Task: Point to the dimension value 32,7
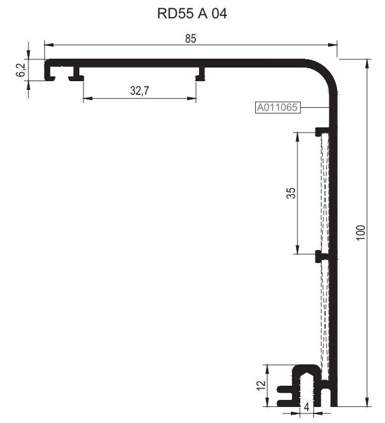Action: (x=139, y=90)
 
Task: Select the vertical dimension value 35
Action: (x=290, y=194)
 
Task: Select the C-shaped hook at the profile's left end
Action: (x=50, y=70)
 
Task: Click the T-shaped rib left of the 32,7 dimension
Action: (x=75, y=74)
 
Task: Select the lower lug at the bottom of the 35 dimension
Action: (x=320, y=257)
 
